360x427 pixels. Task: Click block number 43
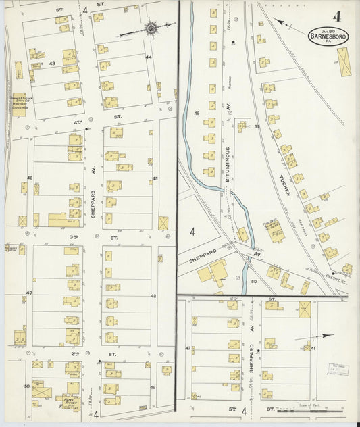click(52, 64)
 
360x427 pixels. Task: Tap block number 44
click(149, 57)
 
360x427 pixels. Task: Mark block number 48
click(153, 296)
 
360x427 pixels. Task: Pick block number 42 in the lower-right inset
click(188, 348)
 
